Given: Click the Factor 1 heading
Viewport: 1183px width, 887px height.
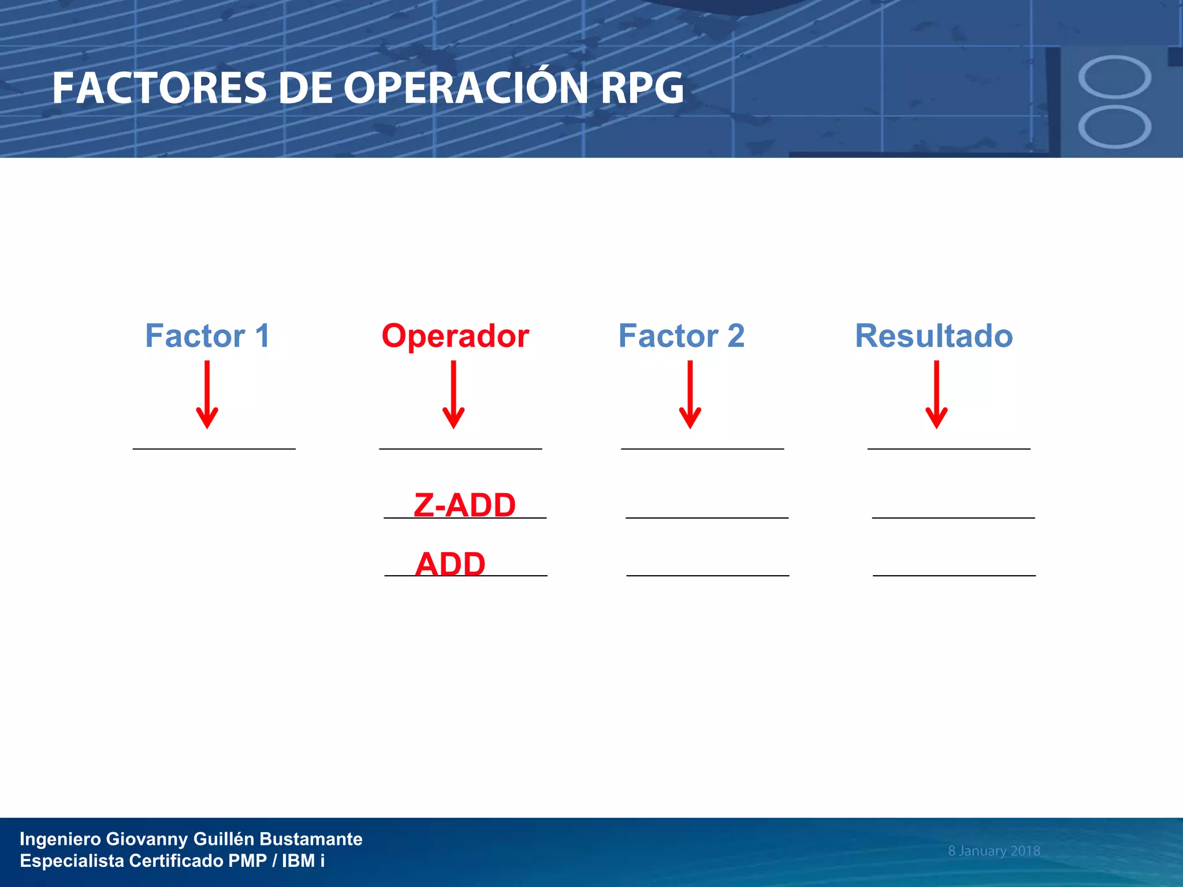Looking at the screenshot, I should [x=207, y=336].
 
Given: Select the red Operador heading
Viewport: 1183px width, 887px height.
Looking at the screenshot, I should [x=455, y=336].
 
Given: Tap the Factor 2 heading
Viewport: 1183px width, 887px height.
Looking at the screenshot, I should [x=682, y=336].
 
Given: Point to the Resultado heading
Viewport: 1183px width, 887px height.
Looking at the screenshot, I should [x=934, y=336].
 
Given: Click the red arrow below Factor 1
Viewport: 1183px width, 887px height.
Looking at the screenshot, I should [x=207, y=396].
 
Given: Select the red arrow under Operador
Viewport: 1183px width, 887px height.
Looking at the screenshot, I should [x=453, y=396].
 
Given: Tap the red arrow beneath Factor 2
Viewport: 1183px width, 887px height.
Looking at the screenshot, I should [x=690, y=396].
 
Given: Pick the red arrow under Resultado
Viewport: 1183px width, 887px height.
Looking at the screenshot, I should [x=936, y=396].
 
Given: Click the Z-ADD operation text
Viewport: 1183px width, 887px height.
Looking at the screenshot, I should [x=464, y=505].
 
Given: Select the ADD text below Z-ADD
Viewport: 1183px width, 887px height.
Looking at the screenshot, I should [x=450, y=564].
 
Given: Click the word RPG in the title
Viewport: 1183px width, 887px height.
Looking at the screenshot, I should [x=642, y=88].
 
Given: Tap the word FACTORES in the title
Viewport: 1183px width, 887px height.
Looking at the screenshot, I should [x=159, y=88].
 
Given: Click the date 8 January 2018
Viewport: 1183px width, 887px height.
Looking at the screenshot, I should [x=994, y=851].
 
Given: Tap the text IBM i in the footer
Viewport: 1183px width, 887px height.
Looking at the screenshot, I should [x=303, y=861].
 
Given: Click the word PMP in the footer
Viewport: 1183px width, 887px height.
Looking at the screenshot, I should [x=247, y=861].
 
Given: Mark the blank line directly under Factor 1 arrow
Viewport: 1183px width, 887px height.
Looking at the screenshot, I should [x=214, y=449].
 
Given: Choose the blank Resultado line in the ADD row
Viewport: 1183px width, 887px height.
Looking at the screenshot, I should [x=954, y=575].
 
